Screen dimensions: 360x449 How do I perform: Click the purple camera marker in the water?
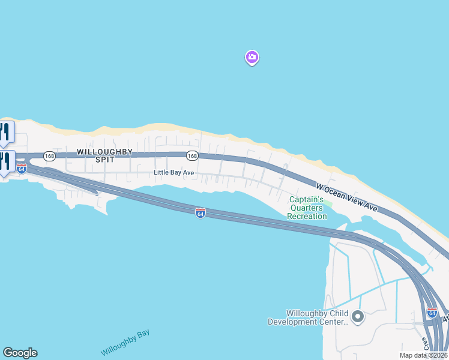click(x=252, y=58)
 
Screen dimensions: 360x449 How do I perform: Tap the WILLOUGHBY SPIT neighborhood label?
click(x=104, y=155)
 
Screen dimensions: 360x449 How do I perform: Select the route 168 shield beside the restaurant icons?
click(x=49, y=156)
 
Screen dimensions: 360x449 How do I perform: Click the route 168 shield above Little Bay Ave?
click(x=191, y=156)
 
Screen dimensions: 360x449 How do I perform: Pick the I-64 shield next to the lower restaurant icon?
click(x=22, y=169)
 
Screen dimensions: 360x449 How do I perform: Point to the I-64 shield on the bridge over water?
click(x=200, y=214)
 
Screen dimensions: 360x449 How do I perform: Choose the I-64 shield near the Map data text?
click(x=432, y=313)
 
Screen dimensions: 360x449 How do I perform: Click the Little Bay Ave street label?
click(x=174, y=173)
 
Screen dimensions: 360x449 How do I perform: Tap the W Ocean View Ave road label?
click(x=348, y=197)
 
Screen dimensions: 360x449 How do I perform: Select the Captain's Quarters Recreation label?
click(x=307, y=208)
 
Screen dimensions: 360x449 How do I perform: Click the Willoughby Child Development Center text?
click(x=308, y=317)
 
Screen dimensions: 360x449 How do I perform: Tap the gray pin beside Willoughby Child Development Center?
click(x=358, y=316)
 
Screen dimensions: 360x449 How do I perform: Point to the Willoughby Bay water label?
click(x=125, y=343)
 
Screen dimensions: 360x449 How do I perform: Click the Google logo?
click(x=20, y=353)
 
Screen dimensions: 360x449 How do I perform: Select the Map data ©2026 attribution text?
click(x=423, y=355)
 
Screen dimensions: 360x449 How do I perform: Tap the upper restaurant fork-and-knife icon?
click(x=5, y=132)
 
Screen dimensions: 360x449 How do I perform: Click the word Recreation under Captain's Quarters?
click(x=307, y=216)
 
